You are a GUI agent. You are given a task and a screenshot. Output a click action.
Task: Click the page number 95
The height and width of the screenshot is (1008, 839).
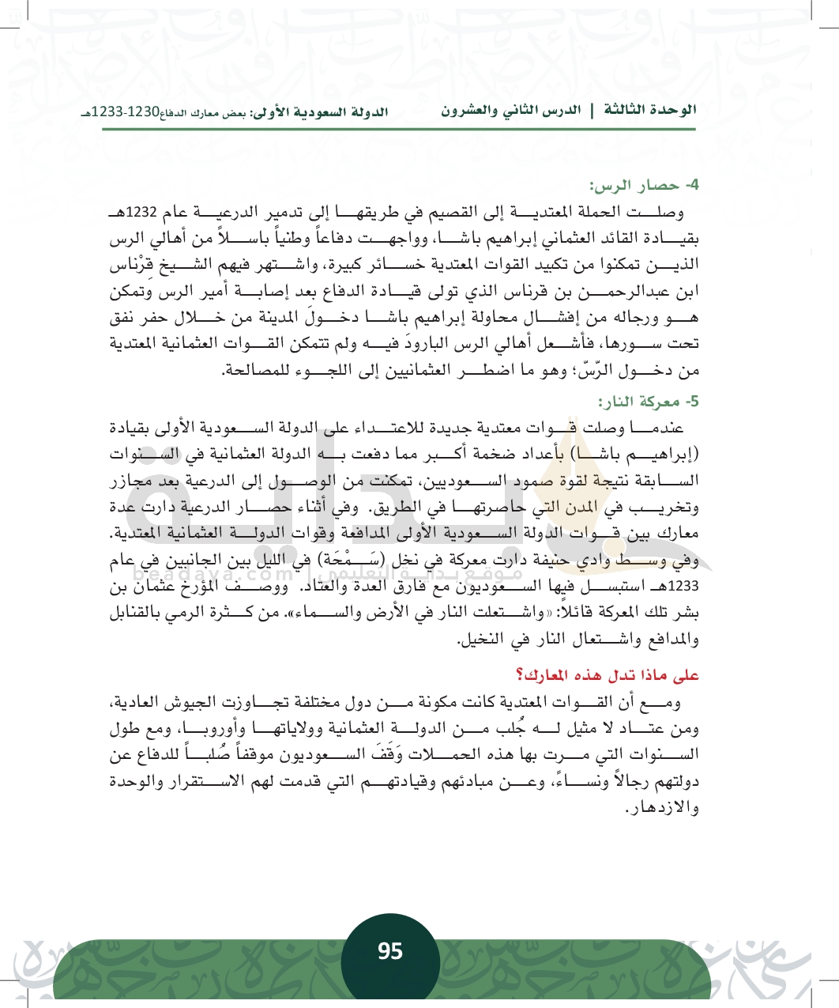coord(390,951)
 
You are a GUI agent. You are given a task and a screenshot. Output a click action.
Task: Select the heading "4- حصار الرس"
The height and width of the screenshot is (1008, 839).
coord(645,186)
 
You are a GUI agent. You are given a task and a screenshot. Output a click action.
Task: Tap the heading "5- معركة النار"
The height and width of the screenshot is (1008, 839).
coord(649,402)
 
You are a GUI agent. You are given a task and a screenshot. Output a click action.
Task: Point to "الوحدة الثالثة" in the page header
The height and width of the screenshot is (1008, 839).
coord(650,110)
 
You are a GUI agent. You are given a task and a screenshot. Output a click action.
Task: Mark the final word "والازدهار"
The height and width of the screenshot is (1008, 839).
coord(662,808)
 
